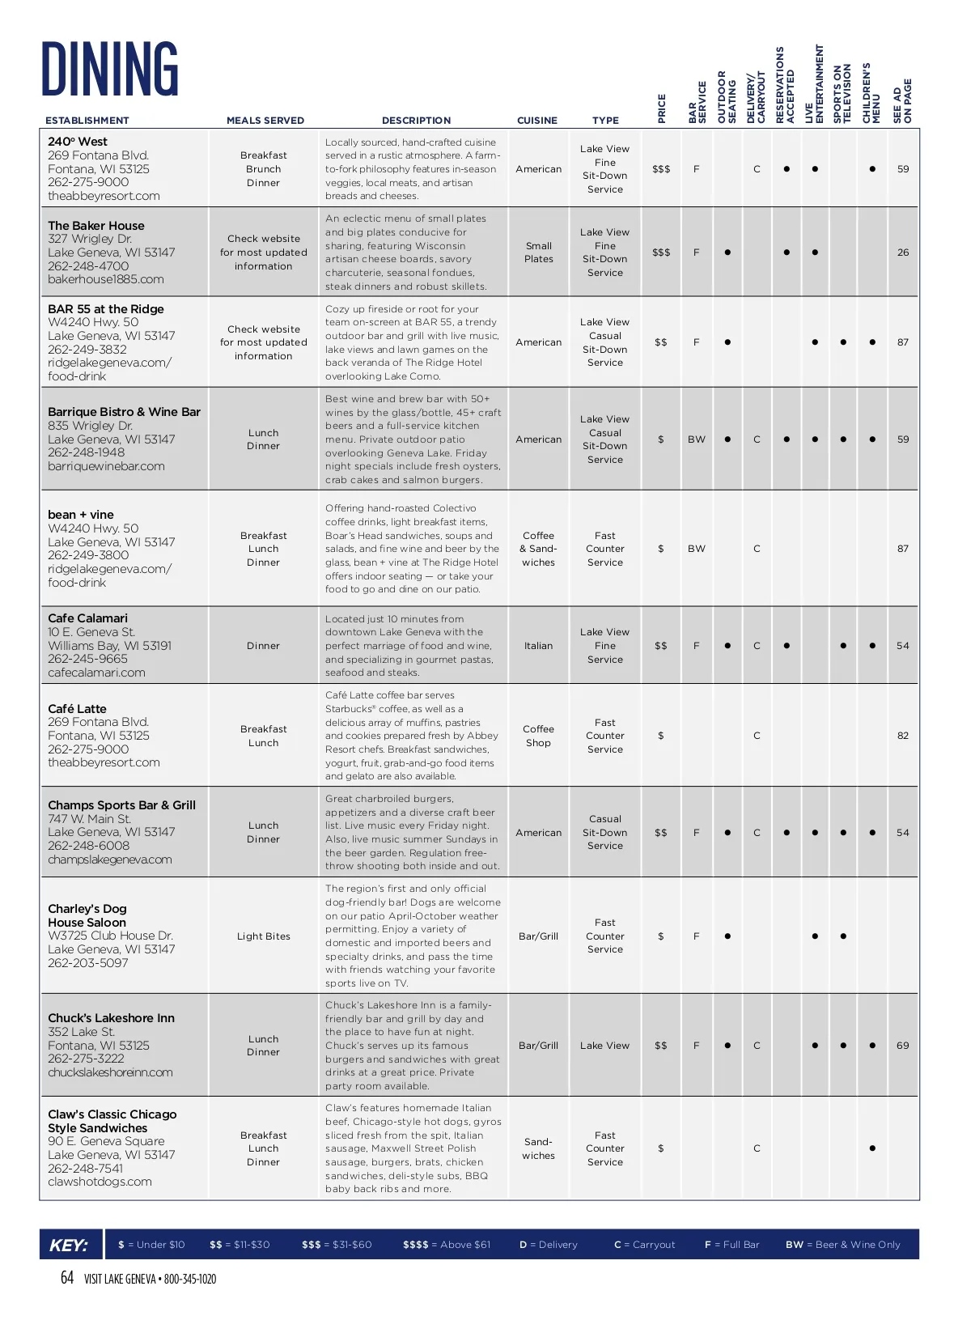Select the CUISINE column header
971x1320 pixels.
[x=537, y=121]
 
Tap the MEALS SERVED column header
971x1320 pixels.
[x=265, y=121]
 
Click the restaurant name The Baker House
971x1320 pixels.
[x=96, y=226]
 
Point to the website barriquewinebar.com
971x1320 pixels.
[x=106, y=466]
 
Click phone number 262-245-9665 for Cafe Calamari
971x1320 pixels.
[x=87, y=659]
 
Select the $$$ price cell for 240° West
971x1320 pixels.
[x=661, y=169]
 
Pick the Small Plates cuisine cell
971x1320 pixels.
[x=538, y=253]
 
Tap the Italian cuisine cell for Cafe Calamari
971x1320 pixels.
[x=538, y=646]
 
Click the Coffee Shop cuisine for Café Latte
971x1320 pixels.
[x=538, y=736]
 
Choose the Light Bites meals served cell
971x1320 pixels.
[x=264, y=936]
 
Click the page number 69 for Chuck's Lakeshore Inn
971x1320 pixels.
[x=903, y=1046]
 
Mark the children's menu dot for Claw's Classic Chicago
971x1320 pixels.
[x=872, y=1148]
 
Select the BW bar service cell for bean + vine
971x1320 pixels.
[x=697, y=549]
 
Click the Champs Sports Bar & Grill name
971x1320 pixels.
[x=121, y=805]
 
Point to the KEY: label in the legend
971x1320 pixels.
[x=69, y=1245]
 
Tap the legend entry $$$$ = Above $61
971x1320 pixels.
[x=447, y=1245]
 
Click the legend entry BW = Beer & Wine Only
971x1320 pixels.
[x=842, y=1245]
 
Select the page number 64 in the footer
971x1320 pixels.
[x=67, y=1278]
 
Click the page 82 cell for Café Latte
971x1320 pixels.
[x=903, y=736]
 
